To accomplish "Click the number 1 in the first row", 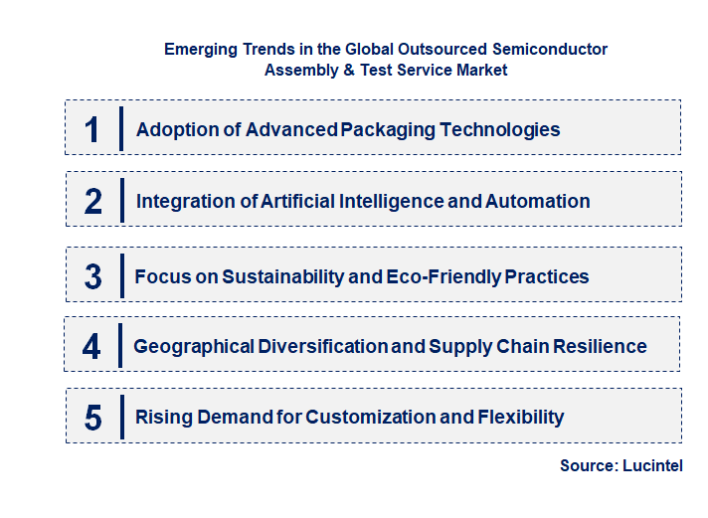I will coord(92,129).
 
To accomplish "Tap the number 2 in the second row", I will coord(93,201).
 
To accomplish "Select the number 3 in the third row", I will coord(92,276).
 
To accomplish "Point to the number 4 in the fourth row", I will coord(91,346).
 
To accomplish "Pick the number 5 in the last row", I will coord(92,418).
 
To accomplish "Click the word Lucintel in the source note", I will coord(652,465).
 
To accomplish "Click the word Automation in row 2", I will coord(537,201).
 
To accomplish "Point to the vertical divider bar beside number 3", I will coord(120,275).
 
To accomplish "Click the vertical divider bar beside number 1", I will coord(120,128).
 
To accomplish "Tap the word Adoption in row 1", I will coord(173,129).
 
